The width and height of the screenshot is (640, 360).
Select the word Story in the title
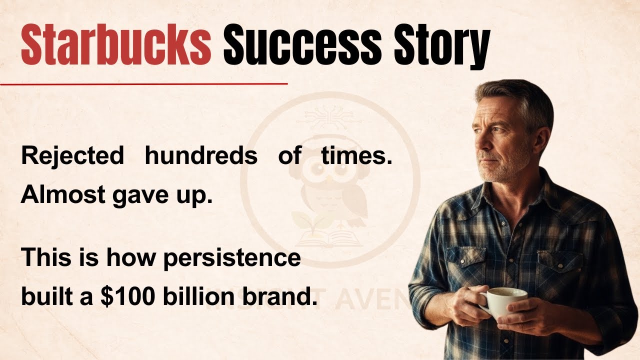point(439,46)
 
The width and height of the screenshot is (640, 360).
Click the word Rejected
point(72,156)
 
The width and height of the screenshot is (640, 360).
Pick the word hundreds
point(201,156)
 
